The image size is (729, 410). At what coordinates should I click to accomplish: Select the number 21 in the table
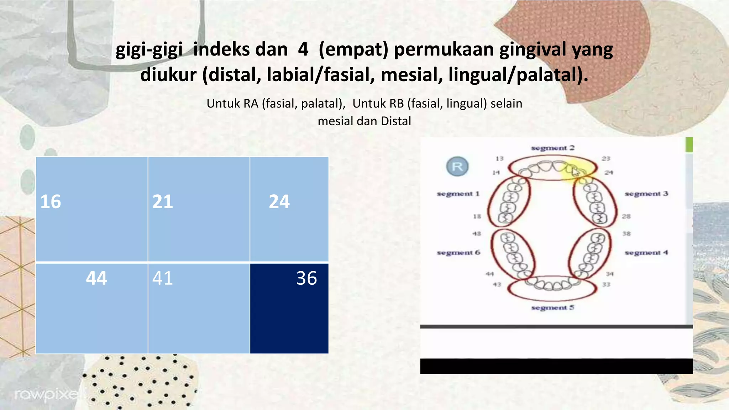[163, 201]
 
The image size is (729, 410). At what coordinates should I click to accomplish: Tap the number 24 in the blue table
[279, 201]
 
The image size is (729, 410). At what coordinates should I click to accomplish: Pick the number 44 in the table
[96, 278]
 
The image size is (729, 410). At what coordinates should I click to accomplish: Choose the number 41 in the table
[163, 278]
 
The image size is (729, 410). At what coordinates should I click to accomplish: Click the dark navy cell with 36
[289, 308]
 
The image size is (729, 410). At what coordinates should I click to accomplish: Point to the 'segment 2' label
[552, 148]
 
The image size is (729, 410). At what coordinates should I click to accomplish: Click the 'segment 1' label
[458, 194]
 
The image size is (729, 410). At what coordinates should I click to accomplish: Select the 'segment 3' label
[646, 194]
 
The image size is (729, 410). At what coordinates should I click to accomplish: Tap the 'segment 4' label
[646, 253]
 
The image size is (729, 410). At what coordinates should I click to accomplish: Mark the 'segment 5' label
[552, 307]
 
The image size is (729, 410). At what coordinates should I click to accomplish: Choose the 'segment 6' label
[458, 253]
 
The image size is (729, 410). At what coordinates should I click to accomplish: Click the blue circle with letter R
[457, 166]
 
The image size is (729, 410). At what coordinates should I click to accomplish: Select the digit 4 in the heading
[303, 49]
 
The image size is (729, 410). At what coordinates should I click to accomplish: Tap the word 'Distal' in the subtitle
[396, 121]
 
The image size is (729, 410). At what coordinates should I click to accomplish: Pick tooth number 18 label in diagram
[477, 216]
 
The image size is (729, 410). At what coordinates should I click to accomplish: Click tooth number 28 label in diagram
[626, 216]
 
